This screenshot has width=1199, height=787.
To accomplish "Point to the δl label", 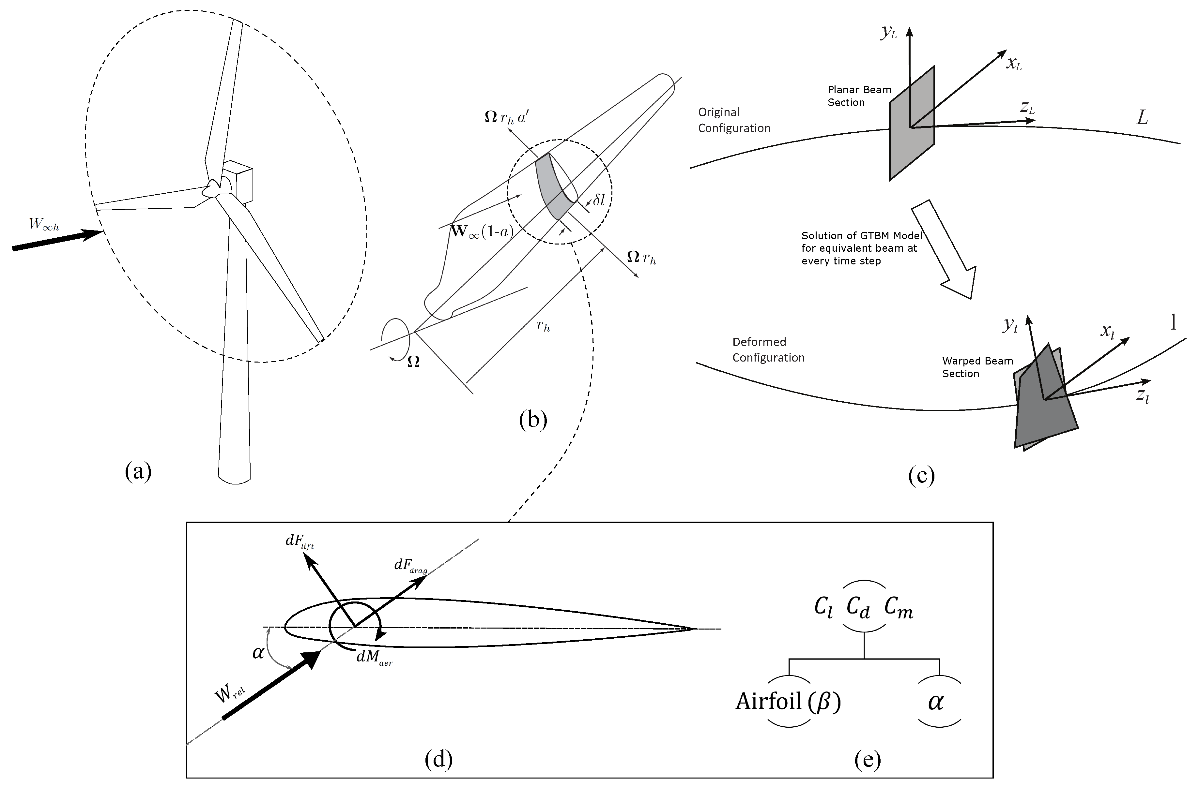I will coord(598,200).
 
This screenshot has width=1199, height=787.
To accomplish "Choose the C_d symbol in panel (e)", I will coord(858,608).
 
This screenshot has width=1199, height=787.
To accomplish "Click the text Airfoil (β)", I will coord(788,701).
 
